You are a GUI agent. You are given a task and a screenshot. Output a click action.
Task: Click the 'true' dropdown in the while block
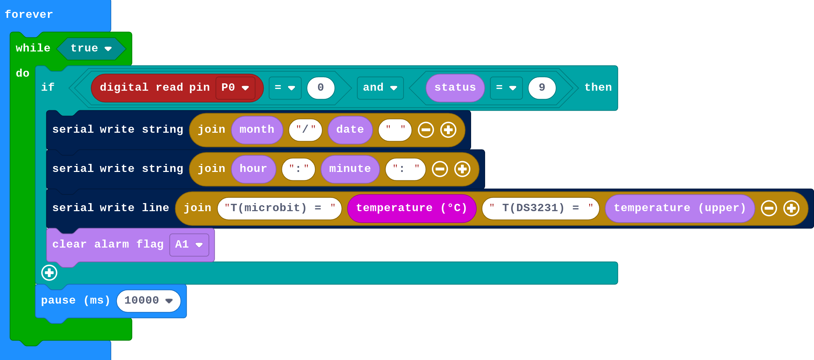[91, 48]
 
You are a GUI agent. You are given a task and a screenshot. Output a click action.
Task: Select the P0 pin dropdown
[235, 88]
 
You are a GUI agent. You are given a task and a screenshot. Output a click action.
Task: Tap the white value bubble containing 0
[320, 88]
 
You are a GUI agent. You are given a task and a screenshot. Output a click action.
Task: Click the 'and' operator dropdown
[380, 88]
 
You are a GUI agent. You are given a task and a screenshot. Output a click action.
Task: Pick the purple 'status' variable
[455, 88]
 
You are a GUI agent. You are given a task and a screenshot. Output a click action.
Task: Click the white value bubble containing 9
[542, 88]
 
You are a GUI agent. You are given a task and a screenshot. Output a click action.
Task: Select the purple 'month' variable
[257, 130]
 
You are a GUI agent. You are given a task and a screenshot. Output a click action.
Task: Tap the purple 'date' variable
[350, 130]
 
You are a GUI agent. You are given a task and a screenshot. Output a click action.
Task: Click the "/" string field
[305, 130]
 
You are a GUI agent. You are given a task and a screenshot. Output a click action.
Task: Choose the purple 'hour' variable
[253, 169]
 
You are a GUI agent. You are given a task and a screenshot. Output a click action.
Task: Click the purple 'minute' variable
[350, 169]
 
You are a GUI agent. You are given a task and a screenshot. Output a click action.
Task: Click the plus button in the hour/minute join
[462, 169]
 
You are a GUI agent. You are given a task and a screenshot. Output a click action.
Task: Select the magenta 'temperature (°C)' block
[412, 208]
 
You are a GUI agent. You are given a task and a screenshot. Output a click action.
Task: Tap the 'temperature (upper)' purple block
[680, 208]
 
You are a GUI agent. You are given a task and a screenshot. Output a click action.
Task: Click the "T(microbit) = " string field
[279, 208]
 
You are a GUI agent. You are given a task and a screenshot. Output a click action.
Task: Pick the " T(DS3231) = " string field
[540, 208]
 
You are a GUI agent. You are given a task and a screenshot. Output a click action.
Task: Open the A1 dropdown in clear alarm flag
[189, 244]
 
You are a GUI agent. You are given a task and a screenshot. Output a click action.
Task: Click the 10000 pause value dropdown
[149, 300]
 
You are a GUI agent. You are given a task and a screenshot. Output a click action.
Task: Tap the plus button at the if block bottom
[49, 272]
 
